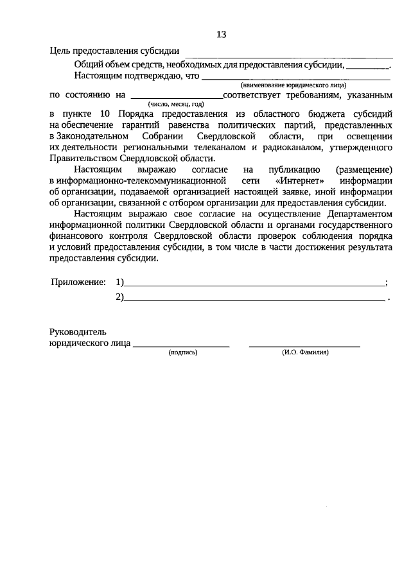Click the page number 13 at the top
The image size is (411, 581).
point(221,34)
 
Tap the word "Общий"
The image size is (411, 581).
point(87,64)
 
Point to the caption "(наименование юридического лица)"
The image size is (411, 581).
point(293,85)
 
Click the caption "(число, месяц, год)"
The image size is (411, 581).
point(175,103)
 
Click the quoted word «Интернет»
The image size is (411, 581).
point(299,182)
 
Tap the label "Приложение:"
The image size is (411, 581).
point(78,282)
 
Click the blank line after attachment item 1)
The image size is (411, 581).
point(254,283)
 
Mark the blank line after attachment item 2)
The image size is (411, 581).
point(254,297)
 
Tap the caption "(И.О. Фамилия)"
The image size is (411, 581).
point(305,352)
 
